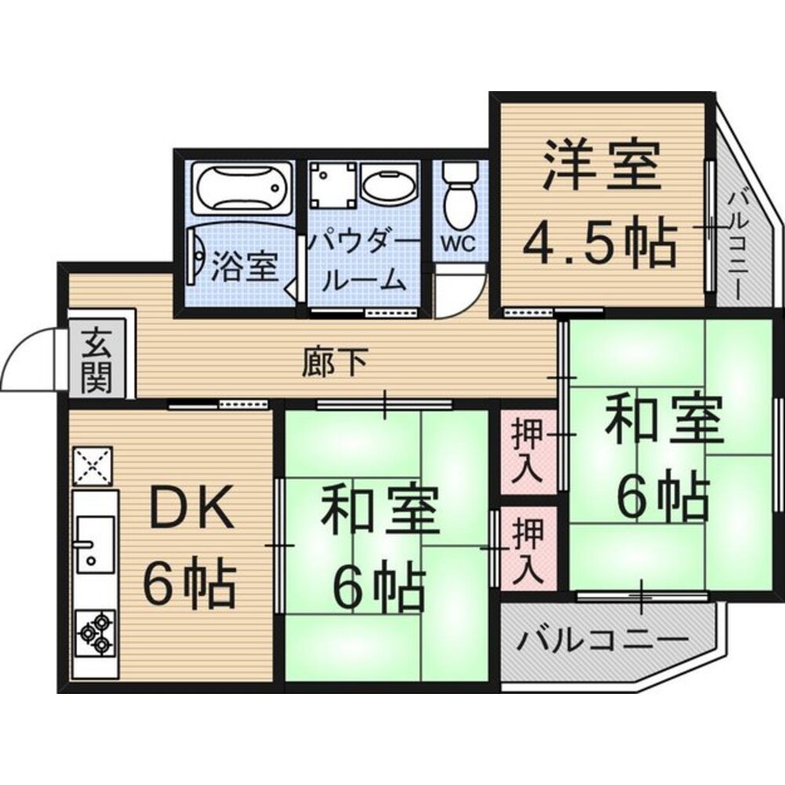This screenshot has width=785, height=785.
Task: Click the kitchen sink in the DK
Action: (94, 542)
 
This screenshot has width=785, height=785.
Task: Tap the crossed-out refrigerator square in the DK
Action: (93, 467)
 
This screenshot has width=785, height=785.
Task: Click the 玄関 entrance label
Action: (97, 362)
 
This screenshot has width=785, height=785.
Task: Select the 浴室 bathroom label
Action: (246, 267)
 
